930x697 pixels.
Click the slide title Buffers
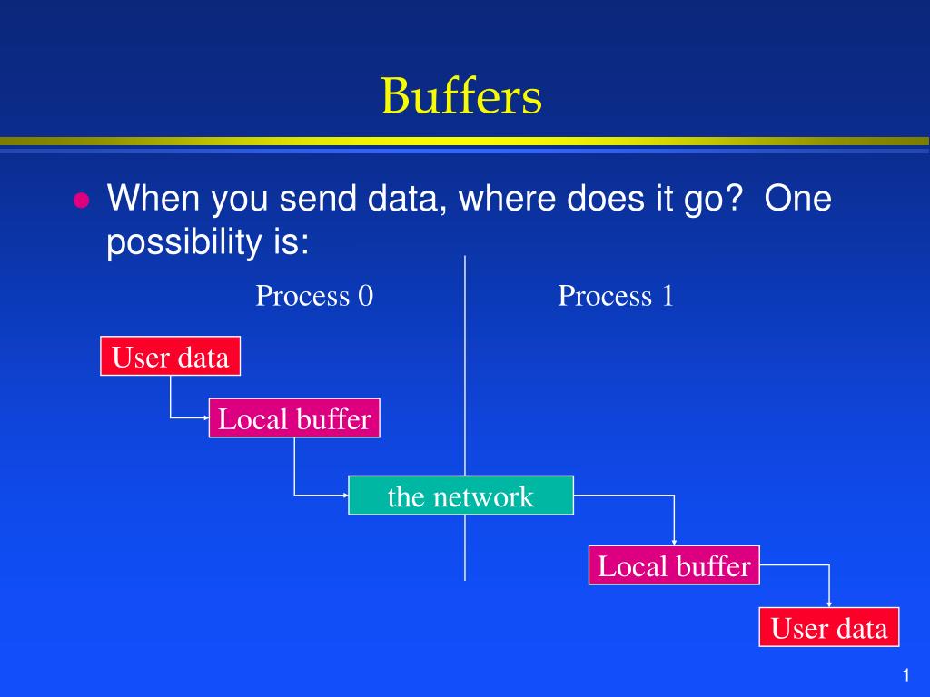(x=461, y=95)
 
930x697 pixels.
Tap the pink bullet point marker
(x=81, y=201)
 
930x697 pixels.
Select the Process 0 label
(x=314, y=295)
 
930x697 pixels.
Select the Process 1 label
(x=616, y=295)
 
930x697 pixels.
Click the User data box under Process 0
(x=170, y=356)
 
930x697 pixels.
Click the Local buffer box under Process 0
(x=294, y=418)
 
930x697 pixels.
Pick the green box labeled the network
(x=460, y=496)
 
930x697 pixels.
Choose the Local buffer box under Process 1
(x=675, y=565)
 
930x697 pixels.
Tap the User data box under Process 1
(x=829, y=627)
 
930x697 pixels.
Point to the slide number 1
(x=905, y=675)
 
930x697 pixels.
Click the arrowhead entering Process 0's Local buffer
(x=206, y=417)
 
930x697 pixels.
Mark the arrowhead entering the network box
(x=345, y=495)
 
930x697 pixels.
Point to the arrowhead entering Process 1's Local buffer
(x=675, y=542)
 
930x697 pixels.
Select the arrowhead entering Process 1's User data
(x=829, y=604)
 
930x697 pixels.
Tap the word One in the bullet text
(x=797, y=198)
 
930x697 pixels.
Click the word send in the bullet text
(x=317, y=198)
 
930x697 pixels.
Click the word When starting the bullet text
(x=153, y=198)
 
